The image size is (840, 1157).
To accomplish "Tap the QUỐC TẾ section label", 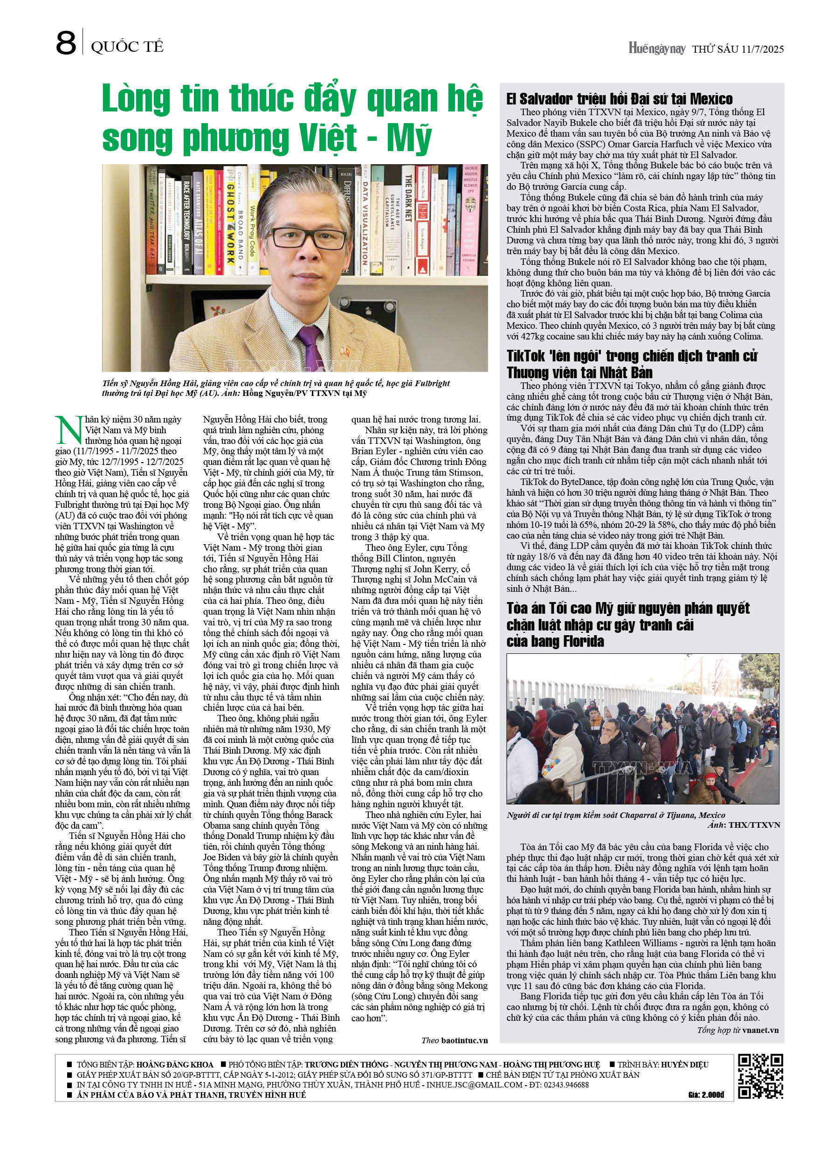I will (127, 48).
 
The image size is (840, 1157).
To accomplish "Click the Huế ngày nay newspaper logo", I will (656, 48).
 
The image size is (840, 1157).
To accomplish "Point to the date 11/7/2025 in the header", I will (763, 49).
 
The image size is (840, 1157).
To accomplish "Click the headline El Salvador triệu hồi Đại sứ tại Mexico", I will (619, 99).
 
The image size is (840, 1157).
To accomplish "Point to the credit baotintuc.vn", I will (464, 1040).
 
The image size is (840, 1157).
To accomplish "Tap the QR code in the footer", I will (760, 1075).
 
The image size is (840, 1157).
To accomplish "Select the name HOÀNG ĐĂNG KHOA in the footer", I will (175, 1064).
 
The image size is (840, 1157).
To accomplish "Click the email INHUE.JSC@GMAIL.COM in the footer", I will (475, 1085).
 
